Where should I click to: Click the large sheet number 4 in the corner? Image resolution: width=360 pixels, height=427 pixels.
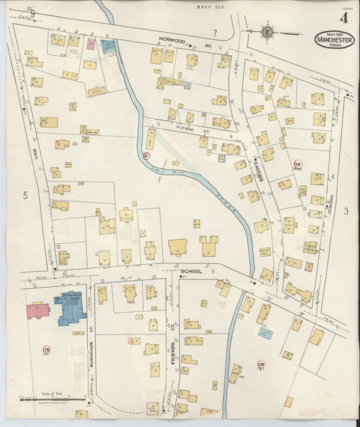click(x=344, y=18)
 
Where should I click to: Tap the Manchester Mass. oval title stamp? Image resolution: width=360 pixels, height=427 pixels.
click(x=334, y=39)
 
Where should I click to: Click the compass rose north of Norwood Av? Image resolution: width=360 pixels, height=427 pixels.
click(x=267, y=30)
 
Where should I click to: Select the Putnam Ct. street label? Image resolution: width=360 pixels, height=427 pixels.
click(x=184, y=126)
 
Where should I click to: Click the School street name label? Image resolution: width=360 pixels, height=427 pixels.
click(x=190, y=271)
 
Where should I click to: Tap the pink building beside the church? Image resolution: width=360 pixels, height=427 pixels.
click(x=38, y=311)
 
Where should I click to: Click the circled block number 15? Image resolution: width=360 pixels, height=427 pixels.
click(x=46, y=349)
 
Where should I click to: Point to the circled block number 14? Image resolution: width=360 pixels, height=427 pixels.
click(x=261, y=366)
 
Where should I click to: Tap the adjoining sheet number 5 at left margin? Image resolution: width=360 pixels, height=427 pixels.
click(x=25, y=196)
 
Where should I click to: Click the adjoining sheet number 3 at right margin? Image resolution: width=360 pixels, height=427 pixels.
click(x=345, y=211)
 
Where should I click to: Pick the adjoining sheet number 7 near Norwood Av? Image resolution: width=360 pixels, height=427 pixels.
click(x=215, y=32)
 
